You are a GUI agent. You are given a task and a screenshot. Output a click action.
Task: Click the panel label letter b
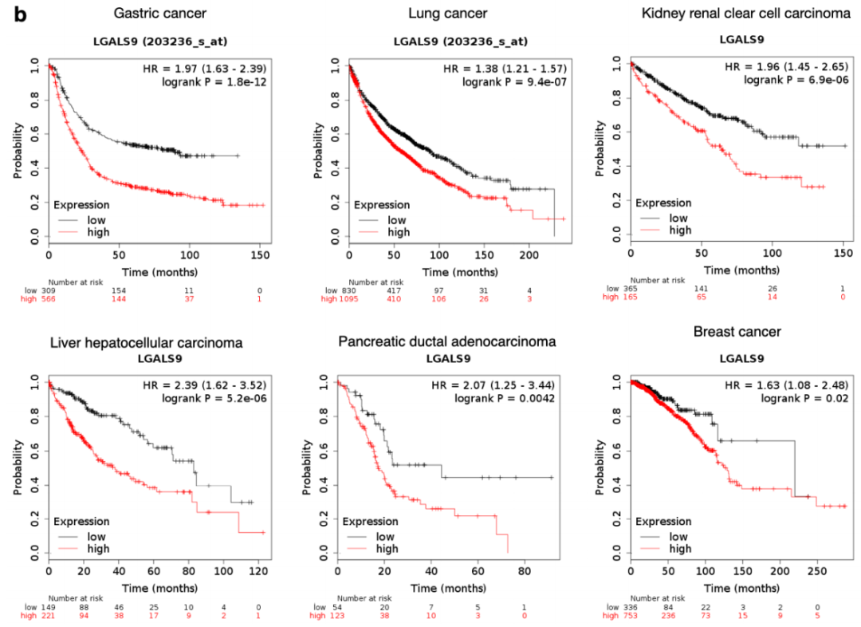point(17,15)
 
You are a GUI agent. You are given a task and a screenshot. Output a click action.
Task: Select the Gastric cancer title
point(160,14)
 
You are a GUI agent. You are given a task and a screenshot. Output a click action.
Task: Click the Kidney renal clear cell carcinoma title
point(741,14)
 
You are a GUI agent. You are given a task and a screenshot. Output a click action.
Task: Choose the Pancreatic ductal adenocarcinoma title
point(446,342)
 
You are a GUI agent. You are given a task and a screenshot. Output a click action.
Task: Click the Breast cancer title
point(737,331)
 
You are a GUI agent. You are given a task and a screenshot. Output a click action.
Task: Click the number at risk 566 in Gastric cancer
point(60,298)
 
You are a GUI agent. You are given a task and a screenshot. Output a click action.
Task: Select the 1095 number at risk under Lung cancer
point(352,298)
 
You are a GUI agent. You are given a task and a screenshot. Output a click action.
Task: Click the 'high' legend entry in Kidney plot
point(680,231)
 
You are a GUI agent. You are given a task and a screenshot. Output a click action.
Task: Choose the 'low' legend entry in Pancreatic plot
point(384,537)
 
